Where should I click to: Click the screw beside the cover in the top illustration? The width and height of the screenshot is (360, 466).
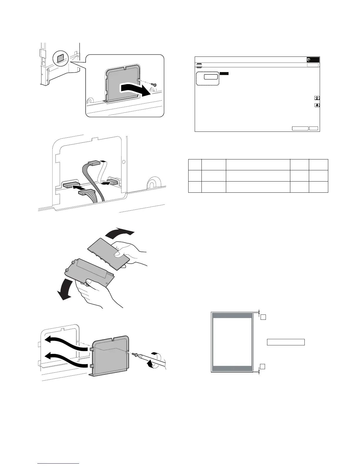(x=154, y=85)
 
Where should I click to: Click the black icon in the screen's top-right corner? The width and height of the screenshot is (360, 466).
(x=313, y=59)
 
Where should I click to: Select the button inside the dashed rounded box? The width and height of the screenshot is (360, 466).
(x=211, y=77)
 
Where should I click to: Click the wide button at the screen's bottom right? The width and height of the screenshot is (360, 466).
(x=300, y=128)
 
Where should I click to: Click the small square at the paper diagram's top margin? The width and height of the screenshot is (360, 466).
(x=263, y=317)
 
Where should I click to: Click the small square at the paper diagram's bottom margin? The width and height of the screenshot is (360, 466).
(x=263, y=366)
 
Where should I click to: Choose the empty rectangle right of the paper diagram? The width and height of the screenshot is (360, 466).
(x=286, y=342)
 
